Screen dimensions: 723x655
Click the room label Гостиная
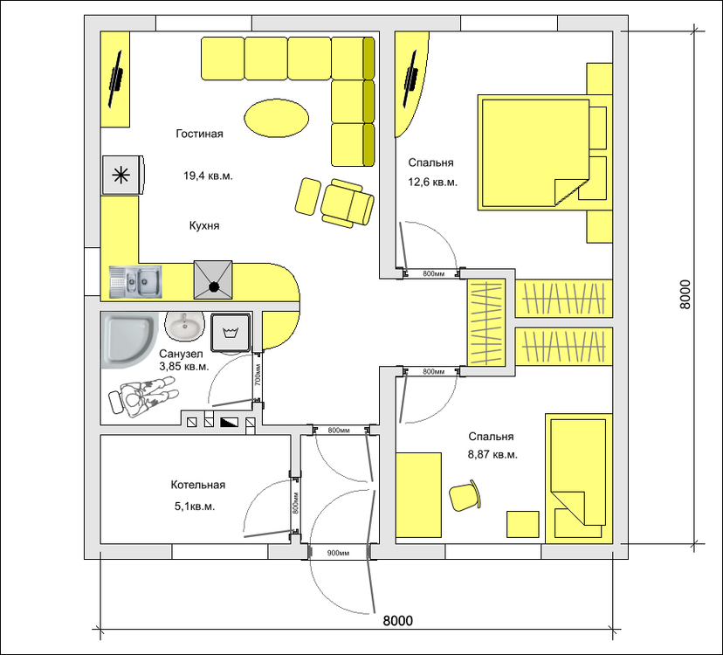[x=199, y=134]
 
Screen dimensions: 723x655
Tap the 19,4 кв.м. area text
[x=208, y=176]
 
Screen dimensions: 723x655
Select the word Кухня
[x=204, y=225]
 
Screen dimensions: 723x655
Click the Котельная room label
[x=198, y=485]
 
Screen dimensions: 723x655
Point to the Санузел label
[x=181, y=354]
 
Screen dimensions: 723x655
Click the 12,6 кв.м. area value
[x=432, y=183]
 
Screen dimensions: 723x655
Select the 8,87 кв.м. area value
[x=492, y=454]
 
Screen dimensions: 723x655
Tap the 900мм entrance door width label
[x=338, y=553]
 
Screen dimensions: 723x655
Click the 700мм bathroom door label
[x=258, y=375]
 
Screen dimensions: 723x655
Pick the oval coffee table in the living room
[x=276, y=118]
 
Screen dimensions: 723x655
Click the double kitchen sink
[x=135, y=282]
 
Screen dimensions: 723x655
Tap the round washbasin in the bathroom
[x=184, y=325]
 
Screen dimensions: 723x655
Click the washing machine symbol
[x=231, y=332]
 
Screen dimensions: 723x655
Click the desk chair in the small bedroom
[x=465, y=496]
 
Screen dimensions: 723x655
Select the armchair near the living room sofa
[x=347, y=203]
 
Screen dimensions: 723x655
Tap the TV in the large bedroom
[x=412, y=79]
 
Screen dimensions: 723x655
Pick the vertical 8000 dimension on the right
[x=685, y=293]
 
